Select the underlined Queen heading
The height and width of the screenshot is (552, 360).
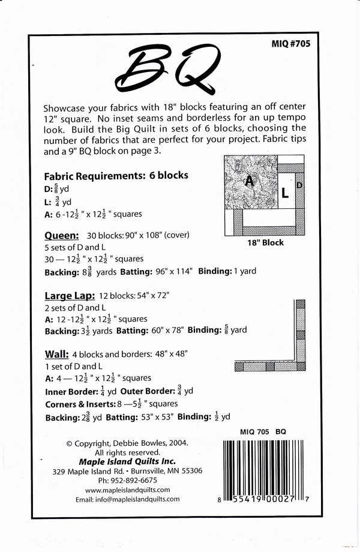click(62, 236)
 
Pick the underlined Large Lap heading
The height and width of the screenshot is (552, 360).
click(68, 295)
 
